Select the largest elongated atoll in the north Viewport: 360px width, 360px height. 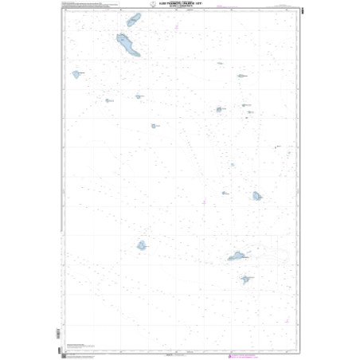127,45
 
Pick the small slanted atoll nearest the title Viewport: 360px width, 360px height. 133,19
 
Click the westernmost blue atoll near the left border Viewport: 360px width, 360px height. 76,74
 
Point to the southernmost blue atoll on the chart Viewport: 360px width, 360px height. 247,280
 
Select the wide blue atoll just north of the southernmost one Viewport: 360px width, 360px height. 237,256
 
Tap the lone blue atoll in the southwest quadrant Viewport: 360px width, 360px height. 142,245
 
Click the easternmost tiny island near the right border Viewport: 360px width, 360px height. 276,147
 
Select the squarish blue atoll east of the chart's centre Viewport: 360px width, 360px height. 256,195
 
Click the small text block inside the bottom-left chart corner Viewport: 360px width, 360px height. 74,344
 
